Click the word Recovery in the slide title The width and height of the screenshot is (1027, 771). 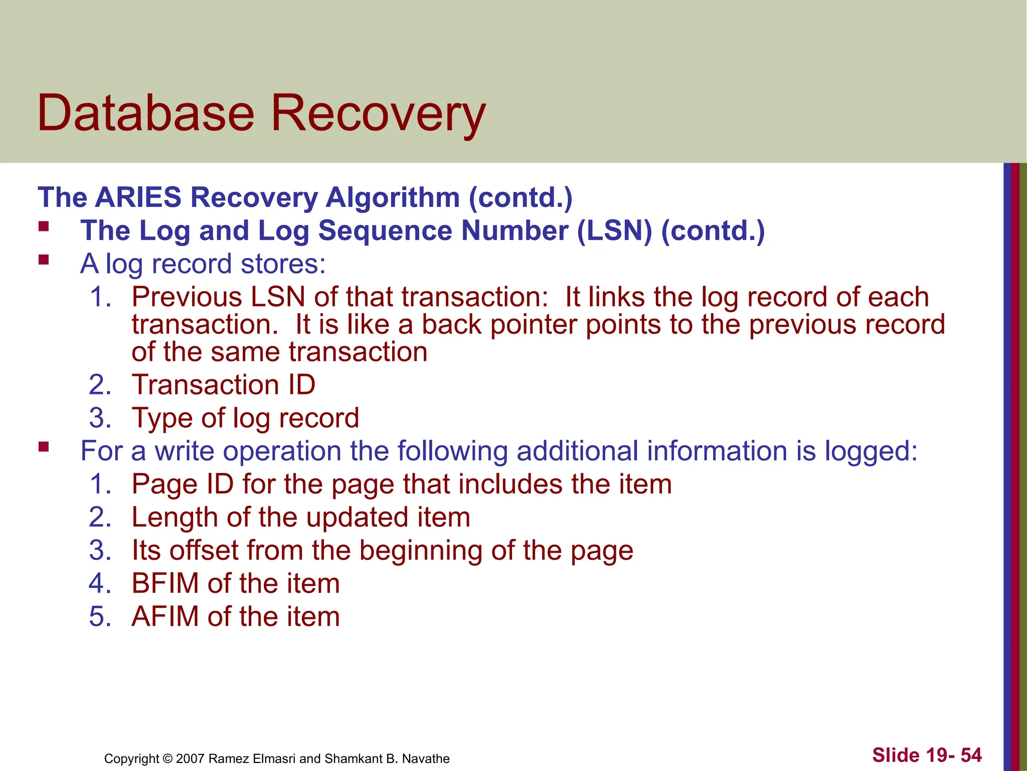click(x=378, y=114)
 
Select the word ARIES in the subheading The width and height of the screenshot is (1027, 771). click(x=138, y=197)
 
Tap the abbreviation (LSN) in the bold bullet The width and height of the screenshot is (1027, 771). click(x=614, y=231)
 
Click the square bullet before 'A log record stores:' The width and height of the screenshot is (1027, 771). click(x=44, y=260)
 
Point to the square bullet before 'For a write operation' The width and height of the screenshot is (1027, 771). click(x=44, y=446)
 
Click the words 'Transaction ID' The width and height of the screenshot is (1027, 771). click(x=223, y=385)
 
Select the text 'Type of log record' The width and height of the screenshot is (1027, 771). click(x=245, y=418)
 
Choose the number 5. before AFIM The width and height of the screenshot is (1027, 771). click(x=99, y=617)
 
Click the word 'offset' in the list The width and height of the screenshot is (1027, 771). click(x=204, y=551)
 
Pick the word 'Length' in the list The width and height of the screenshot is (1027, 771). click(x=175, y=518)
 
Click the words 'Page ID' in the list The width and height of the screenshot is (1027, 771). click(x=183, y=484)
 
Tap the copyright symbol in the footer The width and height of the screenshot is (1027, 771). click(x=167, y=758)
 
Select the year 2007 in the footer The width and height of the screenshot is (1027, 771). click(x=190, y=758)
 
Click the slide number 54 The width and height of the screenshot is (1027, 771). click(x=971, y=755)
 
